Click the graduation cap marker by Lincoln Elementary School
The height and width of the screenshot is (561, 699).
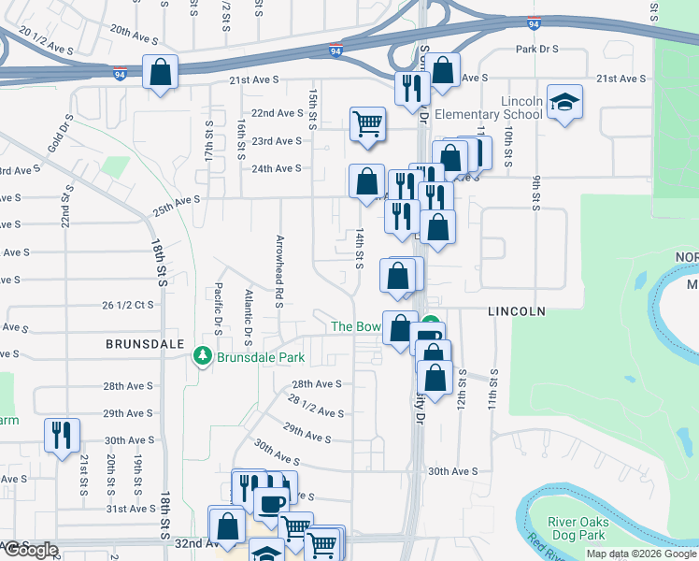[563, 102]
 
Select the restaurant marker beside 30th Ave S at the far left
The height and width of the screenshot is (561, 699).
[62, 435]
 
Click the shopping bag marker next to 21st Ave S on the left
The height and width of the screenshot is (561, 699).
[161, 72]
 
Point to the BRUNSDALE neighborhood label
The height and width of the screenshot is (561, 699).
[144, 344]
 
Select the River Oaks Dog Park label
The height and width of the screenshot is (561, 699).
[579, 530]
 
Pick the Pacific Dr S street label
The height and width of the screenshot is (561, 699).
[218, 310]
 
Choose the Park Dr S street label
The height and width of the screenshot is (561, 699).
[536, 49]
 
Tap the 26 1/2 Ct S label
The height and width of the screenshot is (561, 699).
[127, 305]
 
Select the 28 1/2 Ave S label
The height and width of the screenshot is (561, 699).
[316, 406]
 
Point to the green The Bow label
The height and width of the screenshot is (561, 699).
[356, 326]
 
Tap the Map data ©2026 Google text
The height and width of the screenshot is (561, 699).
[641, 554]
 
